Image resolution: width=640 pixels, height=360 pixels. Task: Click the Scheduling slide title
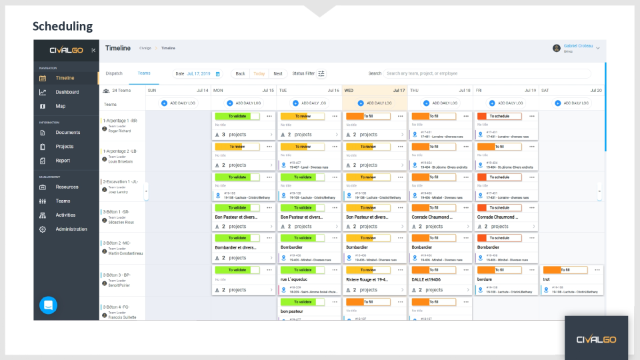point(63,27)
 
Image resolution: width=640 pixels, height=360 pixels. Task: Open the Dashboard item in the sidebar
point(67,92)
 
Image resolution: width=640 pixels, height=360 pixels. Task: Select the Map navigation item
point(61,106)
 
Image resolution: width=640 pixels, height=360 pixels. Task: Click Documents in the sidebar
point(67,133)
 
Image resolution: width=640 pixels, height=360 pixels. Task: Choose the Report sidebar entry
point(63,161)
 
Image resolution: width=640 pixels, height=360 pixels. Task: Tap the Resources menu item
point(67,187)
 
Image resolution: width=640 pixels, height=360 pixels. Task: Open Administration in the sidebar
point(71,229)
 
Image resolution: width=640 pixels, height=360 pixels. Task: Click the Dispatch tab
point(114,73)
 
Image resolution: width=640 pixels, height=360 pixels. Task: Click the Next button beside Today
point(277,73)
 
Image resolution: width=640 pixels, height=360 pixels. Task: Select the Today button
point(259,73)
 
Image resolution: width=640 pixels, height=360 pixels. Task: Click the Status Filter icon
point(322,73)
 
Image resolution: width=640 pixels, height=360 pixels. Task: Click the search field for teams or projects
point(487,73)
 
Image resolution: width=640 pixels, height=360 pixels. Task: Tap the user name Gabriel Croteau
point(577,46)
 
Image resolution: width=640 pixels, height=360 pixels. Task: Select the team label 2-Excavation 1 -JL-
point(121,181)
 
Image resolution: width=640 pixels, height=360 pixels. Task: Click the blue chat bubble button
point(49,305)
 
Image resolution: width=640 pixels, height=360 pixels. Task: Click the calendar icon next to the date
point(217,73)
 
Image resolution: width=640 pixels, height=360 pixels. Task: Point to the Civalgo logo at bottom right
point(596,339)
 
